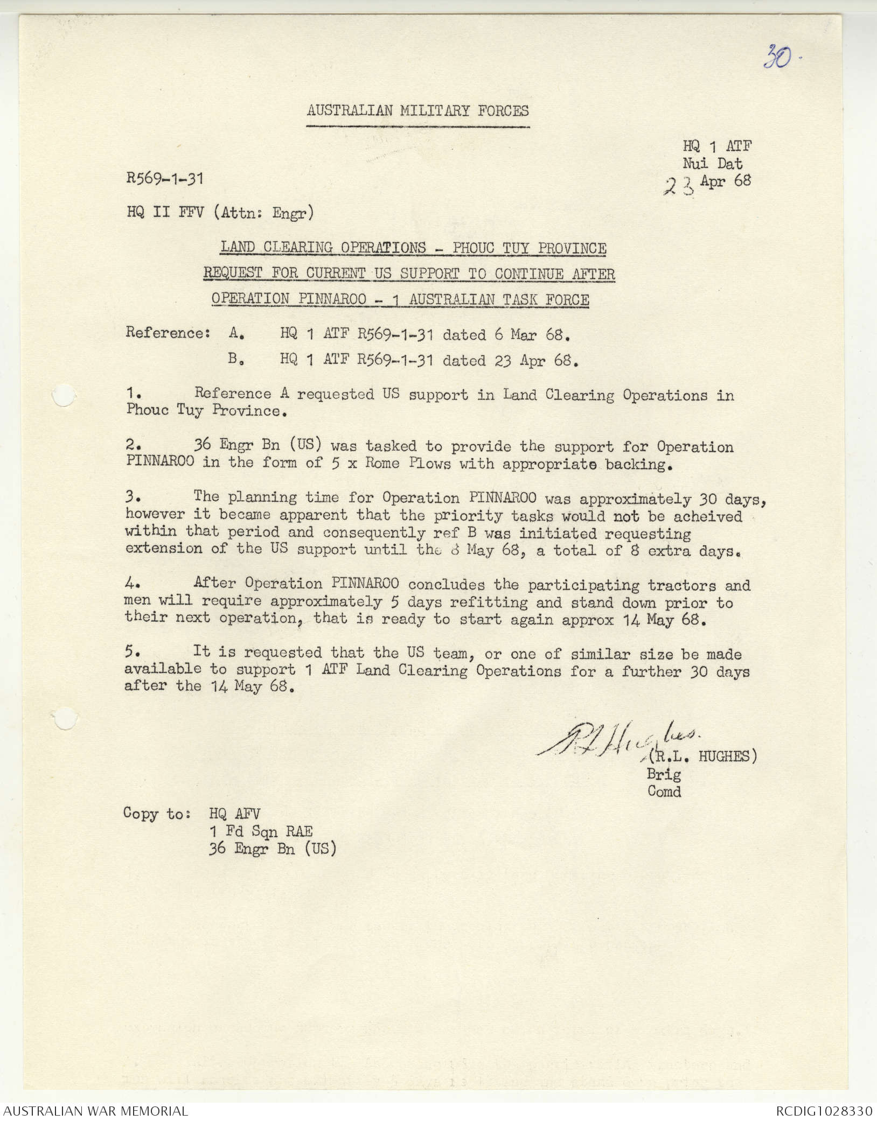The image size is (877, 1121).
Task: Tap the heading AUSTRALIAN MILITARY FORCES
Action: pyautogui.click(x=417, y=111)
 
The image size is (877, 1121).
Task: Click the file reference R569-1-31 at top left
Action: pyautogui.click(x=165, y=179)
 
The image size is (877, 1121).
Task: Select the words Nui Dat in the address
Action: pyautogui.click(x=712, y=164)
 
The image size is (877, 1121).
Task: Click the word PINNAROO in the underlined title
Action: pyautogui.click(x=332, y=299)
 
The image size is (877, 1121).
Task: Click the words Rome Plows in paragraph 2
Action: pyautogui.click(x=407, y=464)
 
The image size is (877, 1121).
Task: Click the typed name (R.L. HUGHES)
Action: pyautogui.click(x=702, y=756)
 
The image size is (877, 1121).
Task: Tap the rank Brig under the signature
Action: pyautogui.click(x=664, y=774)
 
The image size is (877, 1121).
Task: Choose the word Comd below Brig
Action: pyautogui.click(x=664, y=791)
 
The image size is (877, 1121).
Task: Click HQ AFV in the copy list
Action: pyautogui.click(x=234, y=814)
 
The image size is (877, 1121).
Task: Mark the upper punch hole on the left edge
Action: pyautogui.click(x=64, y=396)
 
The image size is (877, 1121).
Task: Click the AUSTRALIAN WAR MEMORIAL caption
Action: pyautogui.click(x=96, y=1110)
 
